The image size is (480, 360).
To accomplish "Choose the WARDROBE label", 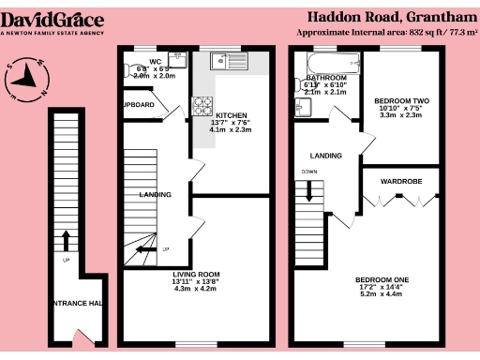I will [x=401, y=177].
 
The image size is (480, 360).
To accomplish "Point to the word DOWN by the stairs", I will [x=309, y=172].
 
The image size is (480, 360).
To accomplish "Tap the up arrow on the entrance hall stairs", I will [x=66, y=241].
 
